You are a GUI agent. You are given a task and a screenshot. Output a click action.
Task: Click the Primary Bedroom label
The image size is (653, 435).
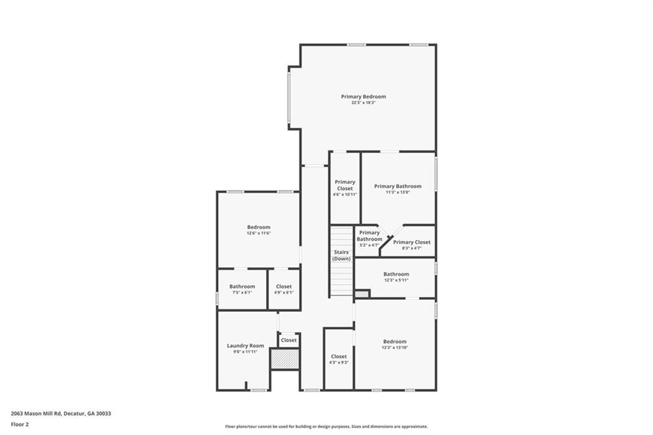click(x=363, y=96)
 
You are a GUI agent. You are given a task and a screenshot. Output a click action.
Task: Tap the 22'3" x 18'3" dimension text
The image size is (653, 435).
click(x=363, y=103)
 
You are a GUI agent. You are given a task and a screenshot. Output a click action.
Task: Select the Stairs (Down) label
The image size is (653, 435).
click(x=341, y=255)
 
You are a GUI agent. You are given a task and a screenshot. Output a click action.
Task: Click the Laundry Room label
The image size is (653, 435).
click(x=246, y=346)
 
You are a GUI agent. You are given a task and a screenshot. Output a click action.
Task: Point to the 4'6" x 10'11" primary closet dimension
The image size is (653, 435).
click(x=345, y=194)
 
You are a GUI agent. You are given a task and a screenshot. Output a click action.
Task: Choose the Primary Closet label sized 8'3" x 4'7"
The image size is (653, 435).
click(x=411, y=242)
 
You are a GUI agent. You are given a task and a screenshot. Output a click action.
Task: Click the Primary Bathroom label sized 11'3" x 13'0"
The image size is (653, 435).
click(x=397, y=186)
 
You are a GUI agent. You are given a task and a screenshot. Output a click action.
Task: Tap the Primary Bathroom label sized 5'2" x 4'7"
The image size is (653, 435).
click(x=369, y=236)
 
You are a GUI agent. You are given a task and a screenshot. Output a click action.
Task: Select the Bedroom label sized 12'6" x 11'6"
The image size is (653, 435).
click(x=258, y=227)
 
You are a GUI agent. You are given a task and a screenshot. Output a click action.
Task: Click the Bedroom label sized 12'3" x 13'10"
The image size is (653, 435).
click(x=395, y=342)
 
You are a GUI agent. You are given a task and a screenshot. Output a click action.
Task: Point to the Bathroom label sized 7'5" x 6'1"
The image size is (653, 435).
click(x=242, y=286)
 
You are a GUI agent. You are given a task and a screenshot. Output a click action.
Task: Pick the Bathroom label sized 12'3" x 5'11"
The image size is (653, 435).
click(x=396, y=274)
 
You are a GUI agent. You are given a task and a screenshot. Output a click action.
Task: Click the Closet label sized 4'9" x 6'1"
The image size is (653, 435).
click(x=284, y=286)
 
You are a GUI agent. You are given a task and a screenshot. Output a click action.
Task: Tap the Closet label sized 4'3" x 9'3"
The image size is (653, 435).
click(x=339, y=357)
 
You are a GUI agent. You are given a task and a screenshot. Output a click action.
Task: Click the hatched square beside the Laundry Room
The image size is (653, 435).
click(x=284, y=358)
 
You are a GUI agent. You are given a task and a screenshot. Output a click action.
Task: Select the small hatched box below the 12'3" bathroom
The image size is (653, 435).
click(x=362, y=294)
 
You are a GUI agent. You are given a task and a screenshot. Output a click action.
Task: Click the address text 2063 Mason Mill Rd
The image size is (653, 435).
click(x=61, y=413)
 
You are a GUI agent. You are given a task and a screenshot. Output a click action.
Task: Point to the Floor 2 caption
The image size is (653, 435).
click(x=20, y=424)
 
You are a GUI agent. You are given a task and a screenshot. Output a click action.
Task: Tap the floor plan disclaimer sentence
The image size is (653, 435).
click(x=326, y=427)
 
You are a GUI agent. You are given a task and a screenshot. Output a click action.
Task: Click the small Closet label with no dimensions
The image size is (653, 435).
click(x=289, y=340)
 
